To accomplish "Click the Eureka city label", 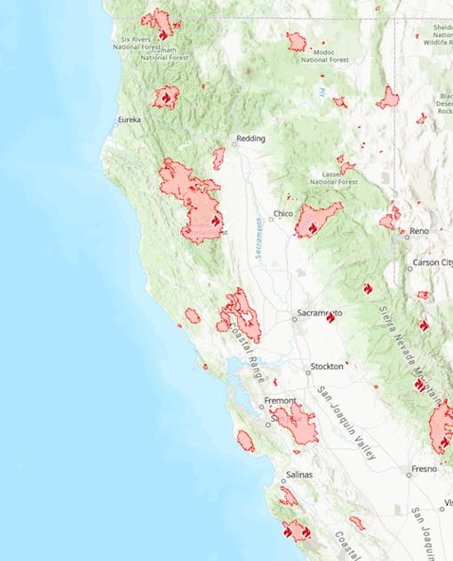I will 129,119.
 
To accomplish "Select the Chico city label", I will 283,213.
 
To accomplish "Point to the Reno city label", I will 418,231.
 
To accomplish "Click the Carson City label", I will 431,264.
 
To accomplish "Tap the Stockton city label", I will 326,366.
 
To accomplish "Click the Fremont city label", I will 282,402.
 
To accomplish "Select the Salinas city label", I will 298,475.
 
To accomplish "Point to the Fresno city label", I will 424,469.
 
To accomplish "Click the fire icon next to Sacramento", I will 330,318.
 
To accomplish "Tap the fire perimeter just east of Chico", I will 317,219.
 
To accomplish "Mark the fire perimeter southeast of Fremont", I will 296,423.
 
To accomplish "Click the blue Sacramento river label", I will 257,237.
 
